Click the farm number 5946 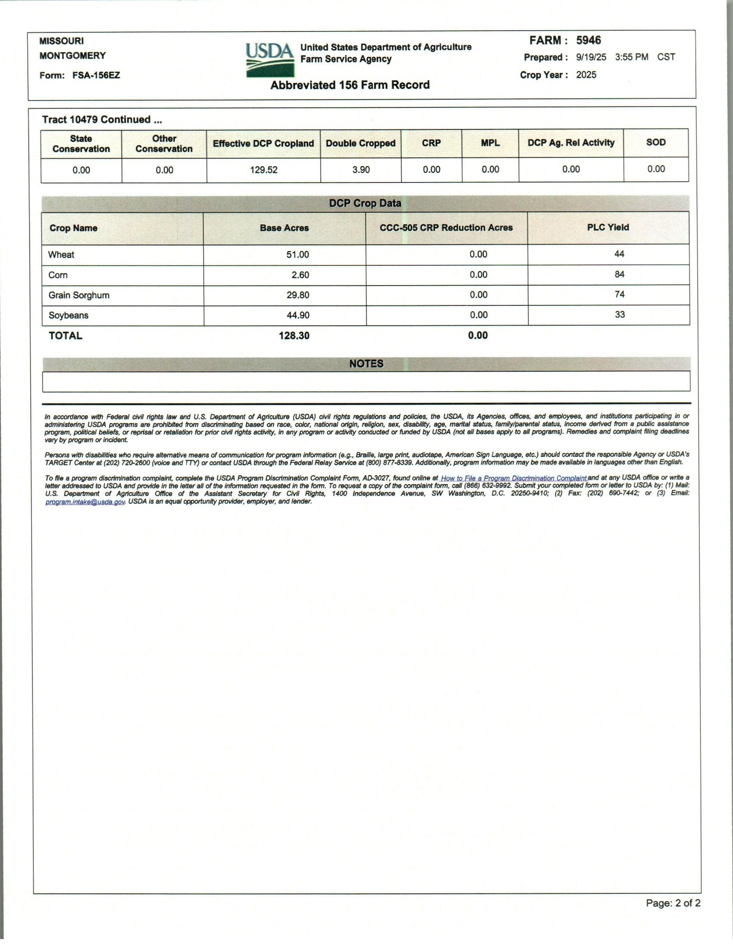(589, 41)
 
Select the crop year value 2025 (586, 75)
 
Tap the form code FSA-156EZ (96, 75)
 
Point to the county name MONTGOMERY (72, 56)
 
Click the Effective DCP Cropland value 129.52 (263, 170)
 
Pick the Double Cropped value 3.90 (361, 170)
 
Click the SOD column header (656, 142)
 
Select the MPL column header (490, 143)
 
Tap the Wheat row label (61, 255)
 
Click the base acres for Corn (300, 275)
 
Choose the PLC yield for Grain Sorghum (620, 295)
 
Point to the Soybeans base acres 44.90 (298, 315)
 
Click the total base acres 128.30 (294, 336)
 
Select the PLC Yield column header (608, 227)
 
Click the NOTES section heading (366, 364)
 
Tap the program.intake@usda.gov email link (85, 502)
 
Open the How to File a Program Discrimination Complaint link (514, 478)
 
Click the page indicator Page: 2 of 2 (673, 903)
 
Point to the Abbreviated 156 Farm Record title (350, 85)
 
